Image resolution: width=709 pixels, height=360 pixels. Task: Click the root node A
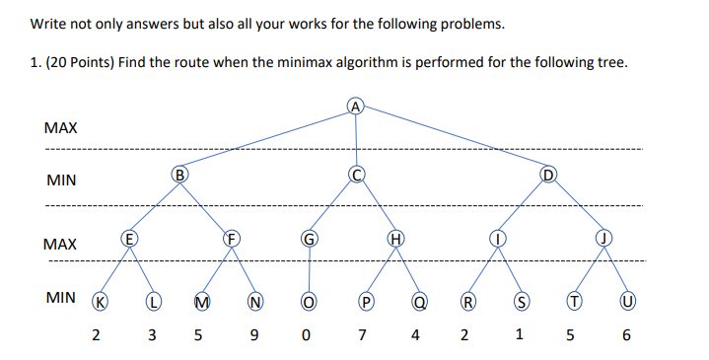(356, 106)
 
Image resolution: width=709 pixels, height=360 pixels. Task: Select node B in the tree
(179, 176)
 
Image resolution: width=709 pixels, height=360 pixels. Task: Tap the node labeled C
(357, 176)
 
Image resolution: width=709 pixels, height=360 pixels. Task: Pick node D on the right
(550, 176)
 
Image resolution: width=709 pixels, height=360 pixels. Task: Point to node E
(127, 238)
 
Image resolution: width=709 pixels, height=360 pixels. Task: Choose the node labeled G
(309, 238)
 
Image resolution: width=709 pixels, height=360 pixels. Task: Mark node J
(602, 238)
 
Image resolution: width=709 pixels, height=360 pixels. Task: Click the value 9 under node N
(254, 335)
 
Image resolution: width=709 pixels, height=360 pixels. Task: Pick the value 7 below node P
(362, 335)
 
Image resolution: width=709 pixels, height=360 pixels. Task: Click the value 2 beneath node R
(462, 335)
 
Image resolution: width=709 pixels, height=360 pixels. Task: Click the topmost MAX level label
(61, 128)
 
